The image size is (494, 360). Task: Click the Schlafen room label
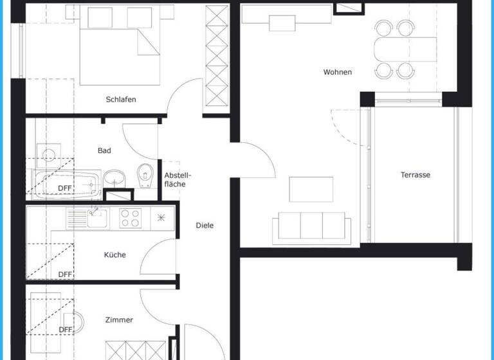(121, 100)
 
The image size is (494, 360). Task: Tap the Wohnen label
(338, 72)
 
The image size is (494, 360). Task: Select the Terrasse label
(416, 175)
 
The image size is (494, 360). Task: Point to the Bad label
(104, 150)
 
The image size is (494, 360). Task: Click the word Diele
(205, 226)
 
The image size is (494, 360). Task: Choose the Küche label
(115, 255)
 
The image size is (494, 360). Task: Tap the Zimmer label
(119, 319)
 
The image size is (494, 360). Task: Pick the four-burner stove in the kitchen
(131, 219)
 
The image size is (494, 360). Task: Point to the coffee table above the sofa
(311, 189)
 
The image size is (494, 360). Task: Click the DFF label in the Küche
(65, 274)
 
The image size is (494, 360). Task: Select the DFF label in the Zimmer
(65, 330)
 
